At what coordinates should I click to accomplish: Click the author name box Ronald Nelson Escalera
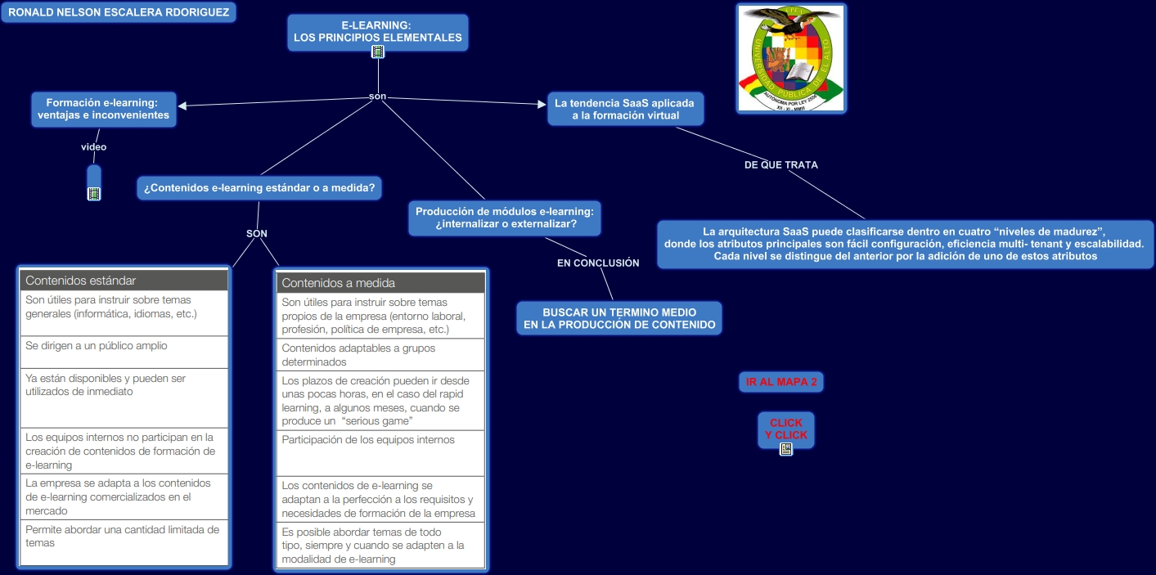119,12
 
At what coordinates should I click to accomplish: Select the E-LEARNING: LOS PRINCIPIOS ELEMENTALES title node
377,31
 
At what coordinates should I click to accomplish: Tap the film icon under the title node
378,52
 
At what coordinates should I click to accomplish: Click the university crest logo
791,58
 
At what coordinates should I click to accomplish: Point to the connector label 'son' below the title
377,97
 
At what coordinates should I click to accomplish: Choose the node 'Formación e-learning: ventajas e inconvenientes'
103,109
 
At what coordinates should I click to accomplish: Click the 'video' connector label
93,147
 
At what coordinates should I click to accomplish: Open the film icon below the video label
94,194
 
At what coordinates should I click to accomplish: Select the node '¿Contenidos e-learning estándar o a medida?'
259,188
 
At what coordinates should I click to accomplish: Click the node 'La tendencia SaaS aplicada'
624,109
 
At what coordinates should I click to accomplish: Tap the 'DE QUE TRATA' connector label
780,164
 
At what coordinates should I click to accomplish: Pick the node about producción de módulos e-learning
505,218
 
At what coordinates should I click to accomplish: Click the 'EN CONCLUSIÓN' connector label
598,263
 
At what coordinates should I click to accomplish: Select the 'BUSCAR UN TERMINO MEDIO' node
619,318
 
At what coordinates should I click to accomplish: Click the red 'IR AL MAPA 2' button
781,382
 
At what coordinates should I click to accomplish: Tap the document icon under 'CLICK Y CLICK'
786,449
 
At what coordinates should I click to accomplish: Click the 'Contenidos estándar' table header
124,280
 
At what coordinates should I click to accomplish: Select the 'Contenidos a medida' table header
380,283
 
